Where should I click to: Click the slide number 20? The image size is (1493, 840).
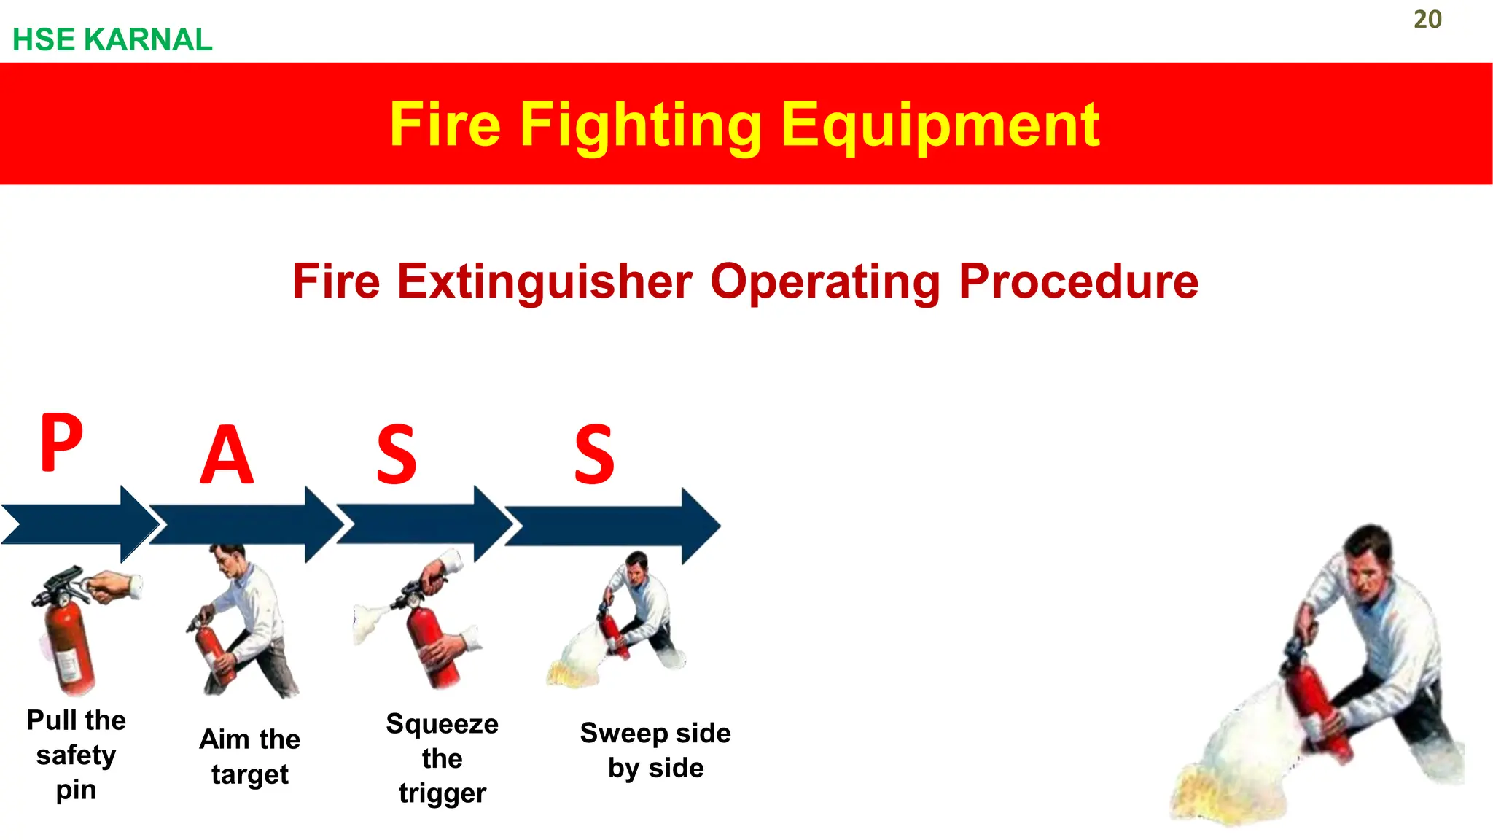1427,20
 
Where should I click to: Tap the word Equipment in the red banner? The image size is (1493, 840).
940,125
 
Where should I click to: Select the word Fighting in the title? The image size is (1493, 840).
640,125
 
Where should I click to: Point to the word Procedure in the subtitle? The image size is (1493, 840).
1078,281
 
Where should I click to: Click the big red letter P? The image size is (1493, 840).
61,443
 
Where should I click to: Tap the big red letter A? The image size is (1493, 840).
227,456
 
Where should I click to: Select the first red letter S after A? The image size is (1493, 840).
396,456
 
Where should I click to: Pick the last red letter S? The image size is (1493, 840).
594,456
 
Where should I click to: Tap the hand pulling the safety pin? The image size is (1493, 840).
117,586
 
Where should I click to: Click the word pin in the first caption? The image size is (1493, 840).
76,790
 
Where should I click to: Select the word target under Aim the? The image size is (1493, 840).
250,774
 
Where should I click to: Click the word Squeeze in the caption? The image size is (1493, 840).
442,724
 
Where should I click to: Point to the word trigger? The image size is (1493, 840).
442,793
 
